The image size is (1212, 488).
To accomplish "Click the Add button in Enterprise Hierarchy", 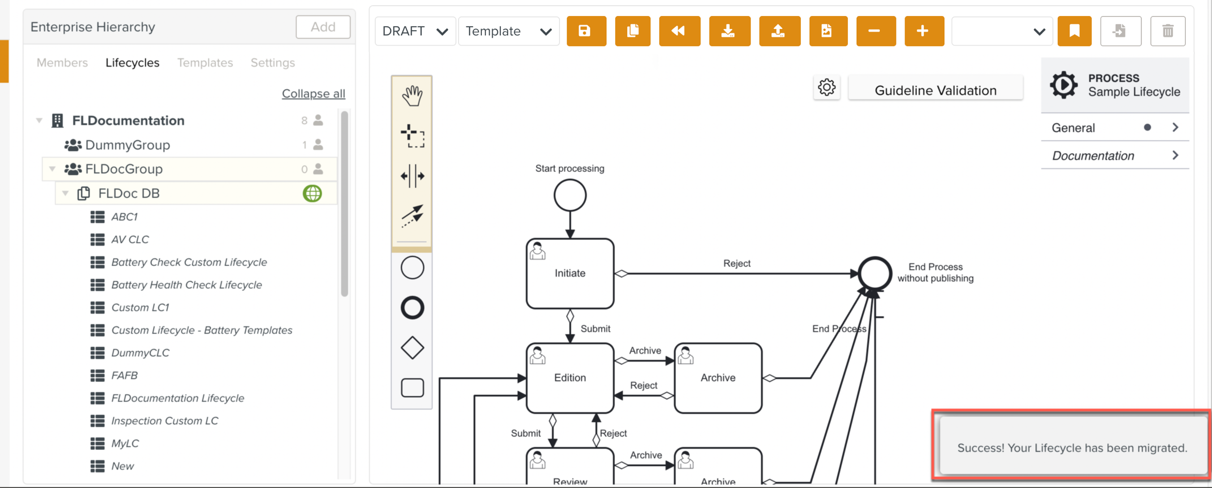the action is [323, 27].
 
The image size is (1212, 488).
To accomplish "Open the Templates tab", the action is [205, 63].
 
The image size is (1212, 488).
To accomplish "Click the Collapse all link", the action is [314, 94].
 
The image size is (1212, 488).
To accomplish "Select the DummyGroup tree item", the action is [128, 145].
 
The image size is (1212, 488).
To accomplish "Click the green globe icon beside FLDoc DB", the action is [312, 193].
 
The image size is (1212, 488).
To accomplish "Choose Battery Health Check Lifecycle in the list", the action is [187, 285].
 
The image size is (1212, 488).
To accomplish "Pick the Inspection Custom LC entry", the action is [165, 421].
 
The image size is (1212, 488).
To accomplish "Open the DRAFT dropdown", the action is [415, 31].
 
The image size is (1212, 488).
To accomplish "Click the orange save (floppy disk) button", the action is [586, 31].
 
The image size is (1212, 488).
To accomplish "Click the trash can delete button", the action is [1168, 31].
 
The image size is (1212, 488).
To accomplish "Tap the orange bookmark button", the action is [1074, 31].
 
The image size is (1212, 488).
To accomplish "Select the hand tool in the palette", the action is [412, 96].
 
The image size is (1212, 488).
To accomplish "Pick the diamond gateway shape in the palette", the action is [412, 348].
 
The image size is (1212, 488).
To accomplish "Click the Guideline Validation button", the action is [935, 90].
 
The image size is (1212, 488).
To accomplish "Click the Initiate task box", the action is [570, 274].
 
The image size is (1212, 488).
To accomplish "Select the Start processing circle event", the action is [570, 195].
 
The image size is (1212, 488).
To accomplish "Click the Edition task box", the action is [570, 378].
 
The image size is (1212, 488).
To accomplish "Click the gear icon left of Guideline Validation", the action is [827, 87].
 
